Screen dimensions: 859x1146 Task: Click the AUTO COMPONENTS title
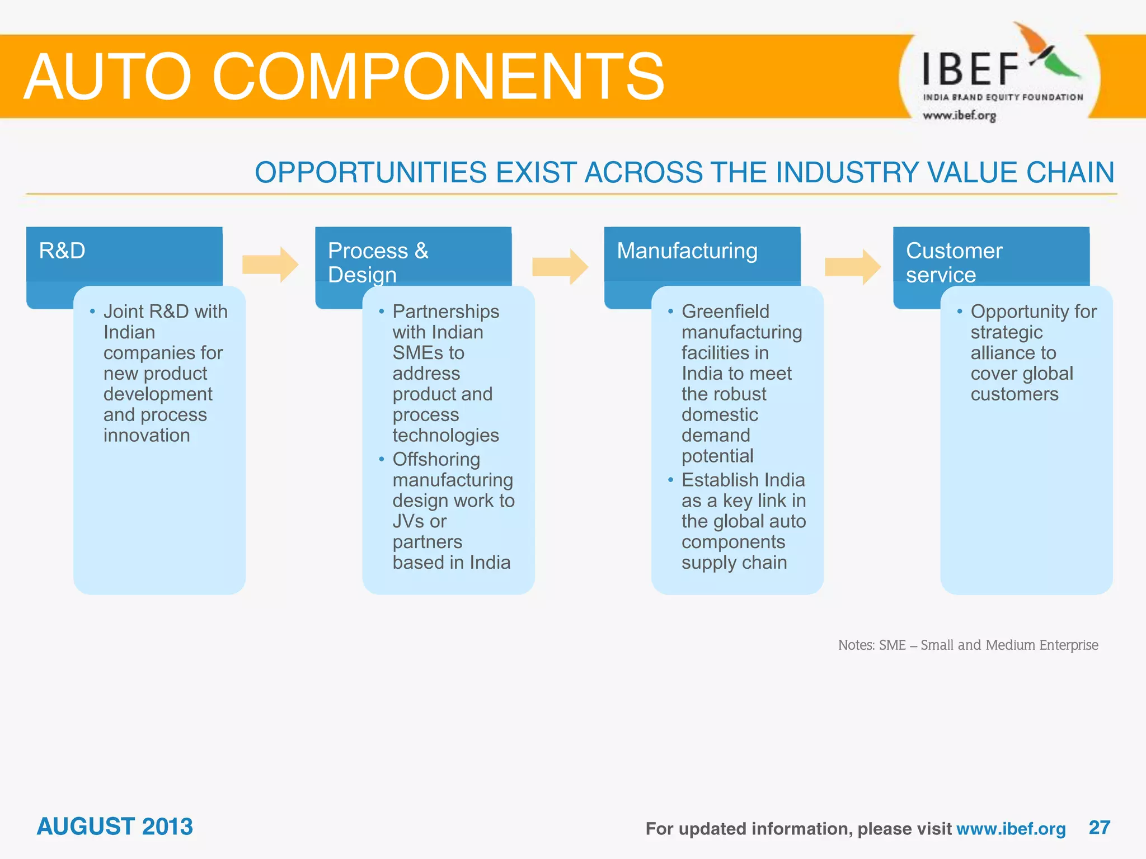pos(344,77)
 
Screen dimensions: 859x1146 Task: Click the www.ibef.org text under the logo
pos(959,116)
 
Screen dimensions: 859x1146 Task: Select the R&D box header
pos(62,251)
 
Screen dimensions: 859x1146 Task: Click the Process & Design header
pos(378,262)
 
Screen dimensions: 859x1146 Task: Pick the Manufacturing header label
pos(687,251)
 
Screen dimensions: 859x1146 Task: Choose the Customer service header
pos(954,262)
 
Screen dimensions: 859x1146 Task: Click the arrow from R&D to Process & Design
pos(270,265)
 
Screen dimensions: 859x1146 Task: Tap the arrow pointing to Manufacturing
pos(560,267)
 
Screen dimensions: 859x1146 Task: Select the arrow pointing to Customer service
pos(852,267)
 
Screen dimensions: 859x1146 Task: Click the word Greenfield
pos(725,311)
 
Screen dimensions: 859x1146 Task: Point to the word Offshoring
pos(436,459)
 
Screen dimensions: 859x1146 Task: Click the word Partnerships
pos(445,311)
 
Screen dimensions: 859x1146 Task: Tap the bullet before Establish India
pos(670,480)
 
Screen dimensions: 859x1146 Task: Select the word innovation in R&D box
pos(147,436)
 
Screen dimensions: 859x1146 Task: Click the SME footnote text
pos(967,645)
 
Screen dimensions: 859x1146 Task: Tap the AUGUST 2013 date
pos(115,827)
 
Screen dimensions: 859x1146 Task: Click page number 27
pos(1099,827)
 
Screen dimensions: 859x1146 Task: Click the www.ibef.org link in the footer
pos(1011,829)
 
